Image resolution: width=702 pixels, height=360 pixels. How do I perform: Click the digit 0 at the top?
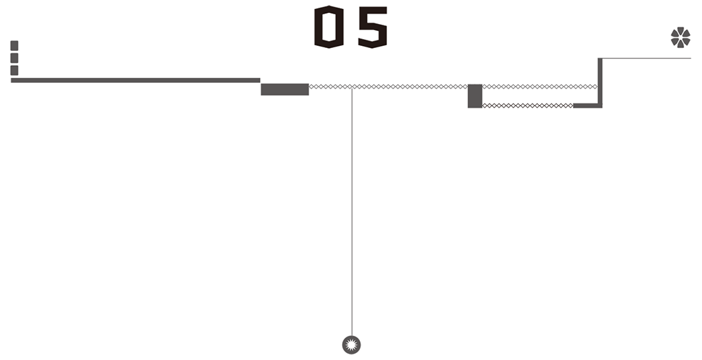tap(329, 27)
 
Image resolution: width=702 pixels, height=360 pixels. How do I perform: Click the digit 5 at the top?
tap(372, 27)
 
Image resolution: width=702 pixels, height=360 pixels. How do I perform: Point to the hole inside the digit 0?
tap(329, 27)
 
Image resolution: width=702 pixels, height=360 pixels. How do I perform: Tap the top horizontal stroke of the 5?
tap(372, 10)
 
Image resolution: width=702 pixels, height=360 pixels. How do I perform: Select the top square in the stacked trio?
tap(14, 46)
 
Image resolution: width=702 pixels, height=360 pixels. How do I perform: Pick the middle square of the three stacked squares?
tap(14, 58)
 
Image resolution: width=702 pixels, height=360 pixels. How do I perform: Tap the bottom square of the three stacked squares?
tap(14, 71)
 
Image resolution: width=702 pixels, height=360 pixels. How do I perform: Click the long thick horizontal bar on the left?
tap(135, 80)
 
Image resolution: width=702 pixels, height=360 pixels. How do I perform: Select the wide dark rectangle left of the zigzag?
tap(285, 89)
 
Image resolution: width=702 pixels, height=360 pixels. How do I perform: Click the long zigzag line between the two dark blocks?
tap(388, 86)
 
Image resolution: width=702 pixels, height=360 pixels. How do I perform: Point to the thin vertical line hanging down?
tap(352, 211)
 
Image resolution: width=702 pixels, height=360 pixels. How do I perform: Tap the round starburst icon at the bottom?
tap(352, 345)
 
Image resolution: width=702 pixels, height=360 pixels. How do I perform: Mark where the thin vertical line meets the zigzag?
tap(352, 87)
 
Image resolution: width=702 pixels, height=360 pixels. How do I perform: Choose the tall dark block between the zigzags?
tap(475, 96)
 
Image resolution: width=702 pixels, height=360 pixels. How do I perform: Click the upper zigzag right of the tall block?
tap(540, 86)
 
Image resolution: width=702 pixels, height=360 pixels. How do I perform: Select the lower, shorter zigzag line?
tap(528, 106)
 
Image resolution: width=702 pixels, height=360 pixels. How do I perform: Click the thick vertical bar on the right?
tap(600, 83)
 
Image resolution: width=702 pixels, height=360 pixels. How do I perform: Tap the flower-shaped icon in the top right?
tap(681, 37)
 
